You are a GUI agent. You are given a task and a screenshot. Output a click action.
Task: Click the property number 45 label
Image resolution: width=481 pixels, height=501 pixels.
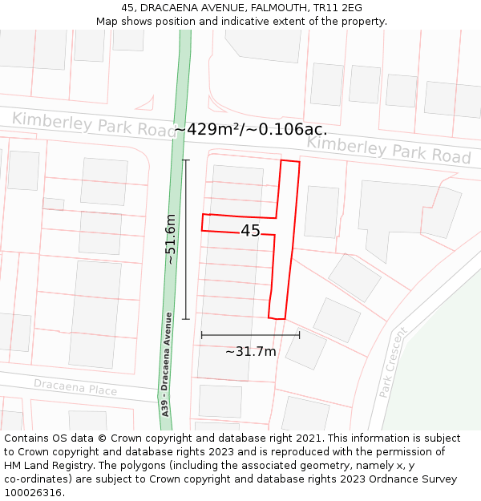(250, 231)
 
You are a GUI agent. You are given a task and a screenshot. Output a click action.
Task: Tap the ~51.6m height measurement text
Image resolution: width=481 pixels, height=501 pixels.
(170, 239)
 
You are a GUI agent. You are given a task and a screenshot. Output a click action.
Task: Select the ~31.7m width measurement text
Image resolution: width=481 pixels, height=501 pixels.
(250, 351)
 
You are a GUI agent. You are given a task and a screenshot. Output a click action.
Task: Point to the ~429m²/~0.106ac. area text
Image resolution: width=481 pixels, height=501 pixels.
(251, 129)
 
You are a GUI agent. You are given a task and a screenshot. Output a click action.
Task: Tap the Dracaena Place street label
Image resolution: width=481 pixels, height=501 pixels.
(75, 388)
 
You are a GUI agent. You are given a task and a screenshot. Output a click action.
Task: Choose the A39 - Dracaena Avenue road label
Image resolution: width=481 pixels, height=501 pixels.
(167, 363)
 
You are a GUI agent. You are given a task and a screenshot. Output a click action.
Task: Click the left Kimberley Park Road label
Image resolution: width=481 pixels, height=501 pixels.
(93, 123)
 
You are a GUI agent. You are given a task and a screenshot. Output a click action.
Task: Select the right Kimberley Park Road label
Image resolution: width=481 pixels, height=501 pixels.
(389, 148)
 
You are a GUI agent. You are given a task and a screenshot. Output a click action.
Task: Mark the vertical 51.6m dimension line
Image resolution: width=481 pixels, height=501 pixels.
(186, 239)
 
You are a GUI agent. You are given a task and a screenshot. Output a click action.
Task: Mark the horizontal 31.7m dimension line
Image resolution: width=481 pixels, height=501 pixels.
(250, 335)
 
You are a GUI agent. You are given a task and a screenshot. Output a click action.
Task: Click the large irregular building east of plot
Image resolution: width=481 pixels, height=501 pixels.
(405, 210)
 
